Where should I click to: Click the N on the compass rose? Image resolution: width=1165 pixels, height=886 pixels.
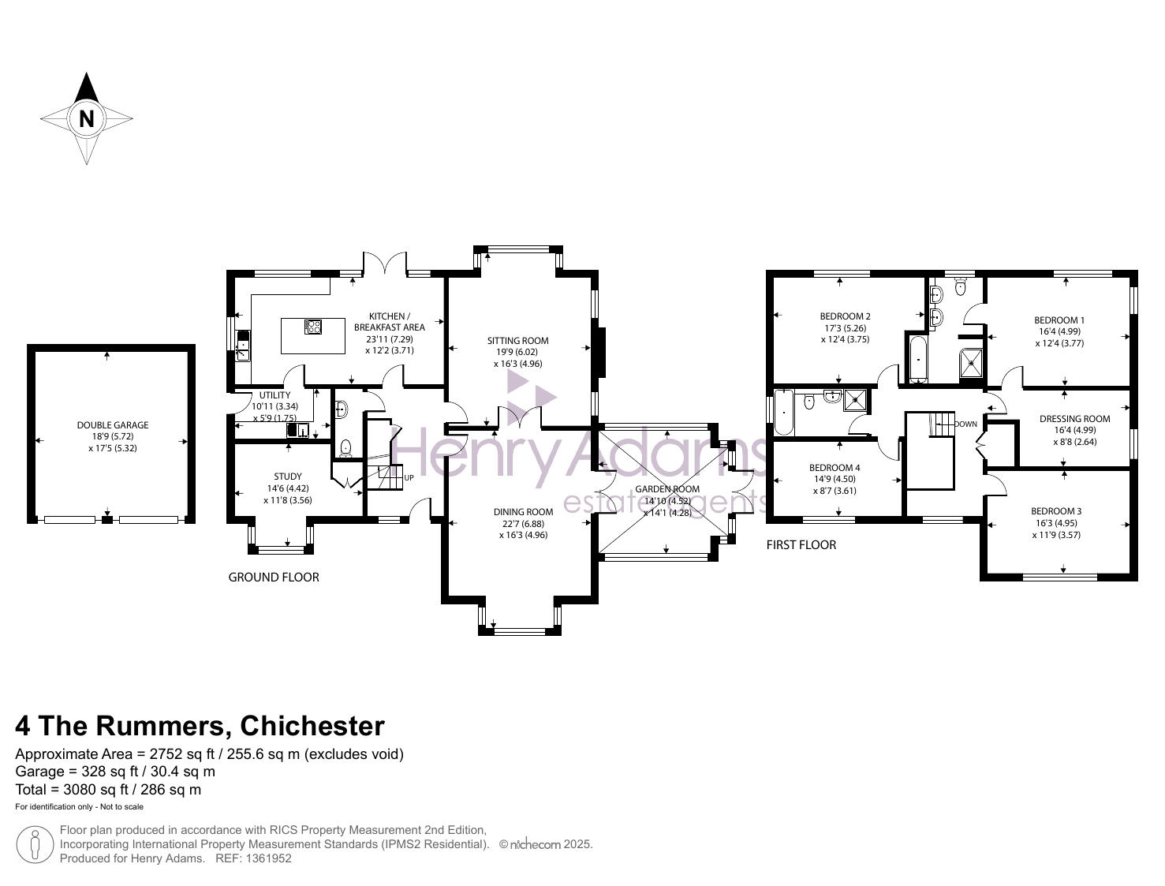(x=87, y=118)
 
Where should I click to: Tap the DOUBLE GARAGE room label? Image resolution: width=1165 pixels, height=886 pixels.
(x=113, y=425)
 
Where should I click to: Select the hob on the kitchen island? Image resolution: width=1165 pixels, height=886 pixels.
(x=312, y=327)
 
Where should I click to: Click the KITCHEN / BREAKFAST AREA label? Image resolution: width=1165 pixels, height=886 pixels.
(x=390, y=322)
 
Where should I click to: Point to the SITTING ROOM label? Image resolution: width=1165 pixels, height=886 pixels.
(x=518, y=341)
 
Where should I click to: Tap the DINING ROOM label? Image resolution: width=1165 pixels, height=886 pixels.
(x=523, y=512)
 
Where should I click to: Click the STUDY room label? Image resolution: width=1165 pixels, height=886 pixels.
(x=288, y=477)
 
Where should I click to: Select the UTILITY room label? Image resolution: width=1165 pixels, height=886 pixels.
(x=275, y=395)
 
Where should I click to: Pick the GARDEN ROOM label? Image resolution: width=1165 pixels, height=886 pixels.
(x=667, y=489)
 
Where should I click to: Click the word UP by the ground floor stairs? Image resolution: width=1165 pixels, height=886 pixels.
(x=409, y=478)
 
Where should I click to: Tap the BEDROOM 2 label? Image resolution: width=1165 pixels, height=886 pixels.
(x=846, y=316)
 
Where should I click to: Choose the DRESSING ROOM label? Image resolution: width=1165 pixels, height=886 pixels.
(x=1075, y=419)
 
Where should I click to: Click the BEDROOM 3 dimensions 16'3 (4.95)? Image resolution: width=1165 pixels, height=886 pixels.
(x=1056, y=523)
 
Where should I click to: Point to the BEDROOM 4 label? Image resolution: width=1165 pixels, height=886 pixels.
(x=835, y=468)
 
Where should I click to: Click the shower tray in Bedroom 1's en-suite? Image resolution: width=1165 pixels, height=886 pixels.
(x=971, y=364)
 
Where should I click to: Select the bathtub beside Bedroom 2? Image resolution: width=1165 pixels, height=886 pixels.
(x=918, y=359)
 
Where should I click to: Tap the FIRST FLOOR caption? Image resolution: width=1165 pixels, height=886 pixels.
(x=801, y=544)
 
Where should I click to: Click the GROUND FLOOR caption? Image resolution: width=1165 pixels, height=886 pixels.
(x=274, y=577)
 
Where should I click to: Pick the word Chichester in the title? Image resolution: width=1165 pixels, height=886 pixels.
(x=312, y=726)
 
